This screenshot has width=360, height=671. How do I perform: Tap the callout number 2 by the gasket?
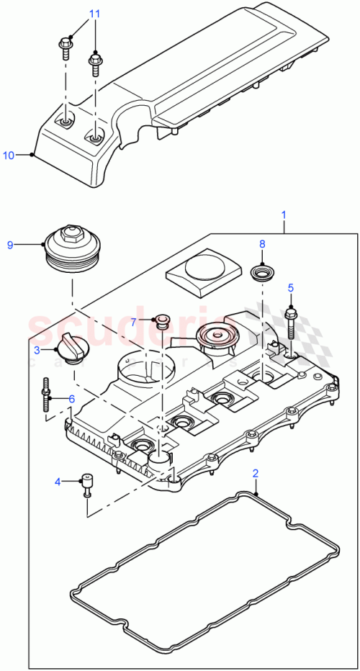(255, 473)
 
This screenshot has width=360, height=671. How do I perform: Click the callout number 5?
(291, 288)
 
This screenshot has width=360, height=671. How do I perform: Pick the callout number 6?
(71, 398)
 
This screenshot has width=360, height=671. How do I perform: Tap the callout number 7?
(134, 322)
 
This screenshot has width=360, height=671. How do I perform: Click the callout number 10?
(9, 155)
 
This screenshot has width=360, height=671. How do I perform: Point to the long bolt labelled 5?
(292, 324)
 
